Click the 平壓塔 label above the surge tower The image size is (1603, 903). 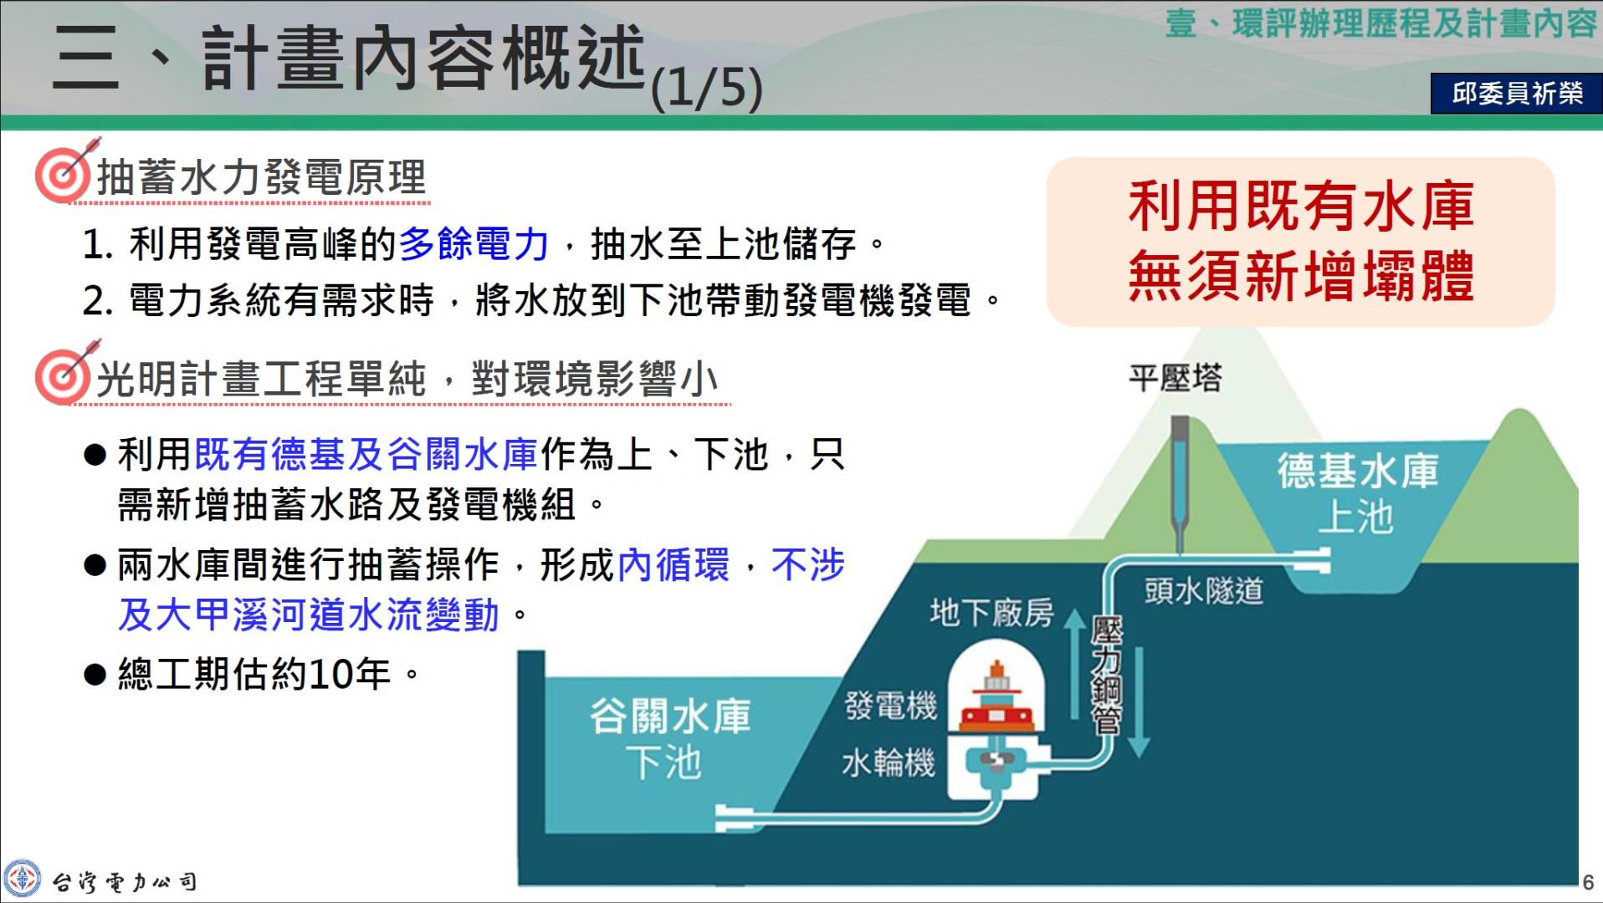point(1175,379)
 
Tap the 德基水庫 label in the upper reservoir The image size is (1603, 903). point(1358,471)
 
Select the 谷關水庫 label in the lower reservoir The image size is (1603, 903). point(670,717)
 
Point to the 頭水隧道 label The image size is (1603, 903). point(1204,591)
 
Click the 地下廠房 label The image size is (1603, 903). point(991,613)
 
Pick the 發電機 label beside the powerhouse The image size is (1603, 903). point(890,705)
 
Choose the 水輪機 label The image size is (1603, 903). point(888,763)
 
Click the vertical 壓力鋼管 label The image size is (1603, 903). point(1107,676)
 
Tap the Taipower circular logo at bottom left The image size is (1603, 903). point(21,880)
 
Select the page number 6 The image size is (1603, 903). point(1588,882)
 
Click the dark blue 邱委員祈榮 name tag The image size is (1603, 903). point(1516,93)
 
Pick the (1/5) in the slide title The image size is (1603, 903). point(707,88)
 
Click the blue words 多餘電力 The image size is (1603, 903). point(474,244)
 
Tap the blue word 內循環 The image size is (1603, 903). point(673,564)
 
